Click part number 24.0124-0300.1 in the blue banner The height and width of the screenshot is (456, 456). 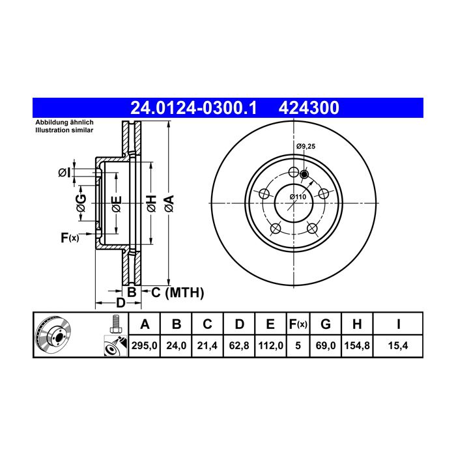click(193, 108)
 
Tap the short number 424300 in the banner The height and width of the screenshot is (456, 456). click(309, 108)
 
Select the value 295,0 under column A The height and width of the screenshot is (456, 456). click(144, 345)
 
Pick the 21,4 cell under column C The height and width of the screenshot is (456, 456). click(207, 345)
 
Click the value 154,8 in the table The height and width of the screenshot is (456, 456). click(357, 345)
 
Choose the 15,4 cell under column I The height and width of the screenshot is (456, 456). click(398, 345)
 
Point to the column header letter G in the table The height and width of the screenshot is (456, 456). click(326, 324)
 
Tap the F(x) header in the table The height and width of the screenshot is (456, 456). click(298, 324)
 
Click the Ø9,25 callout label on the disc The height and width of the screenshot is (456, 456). click(306, 147)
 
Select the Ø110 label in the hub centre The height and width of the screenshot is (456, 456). click(298, 197)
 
